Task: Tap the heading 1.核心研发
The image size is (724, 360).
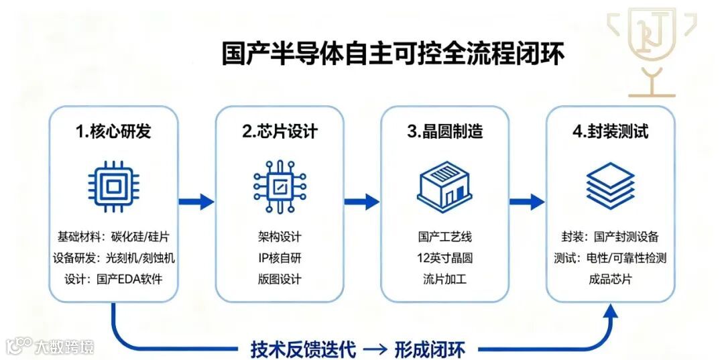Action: click(113, 131)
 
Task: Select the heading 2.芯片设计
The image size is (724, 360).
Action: click(280, 131)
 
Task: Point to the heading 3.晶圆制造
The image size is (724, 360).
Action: click(445, 131)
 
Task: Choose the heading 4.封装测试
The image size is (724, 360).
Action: click(611, 131)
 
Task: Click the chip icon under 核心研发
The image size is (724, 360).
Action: click(113, 182)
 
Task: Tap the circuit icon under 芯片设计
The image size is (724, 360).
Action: click(280, 183)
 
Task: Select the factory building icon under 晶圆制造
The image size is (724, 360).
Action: click(445, 183)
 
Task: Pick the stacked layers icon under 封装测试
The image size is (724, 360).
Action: click(611, 182)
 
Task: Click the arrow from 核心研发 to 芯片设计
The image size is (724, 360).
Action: click(196, 201)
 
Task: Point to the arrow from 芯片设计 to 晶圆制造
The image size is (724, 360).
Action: click(362, 201)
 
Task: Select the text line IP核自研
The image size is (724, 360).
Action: click(280, 258)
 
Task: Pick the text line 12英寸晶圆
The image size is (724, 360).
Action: click(445, 258)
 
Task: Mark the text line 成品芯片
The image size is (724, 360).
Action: click(611, 279)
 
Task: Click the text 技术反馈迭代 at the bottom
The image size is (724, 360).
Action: click(303, 349)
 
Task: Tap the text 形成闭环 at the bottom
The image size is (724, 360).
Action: click(435, 349)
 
